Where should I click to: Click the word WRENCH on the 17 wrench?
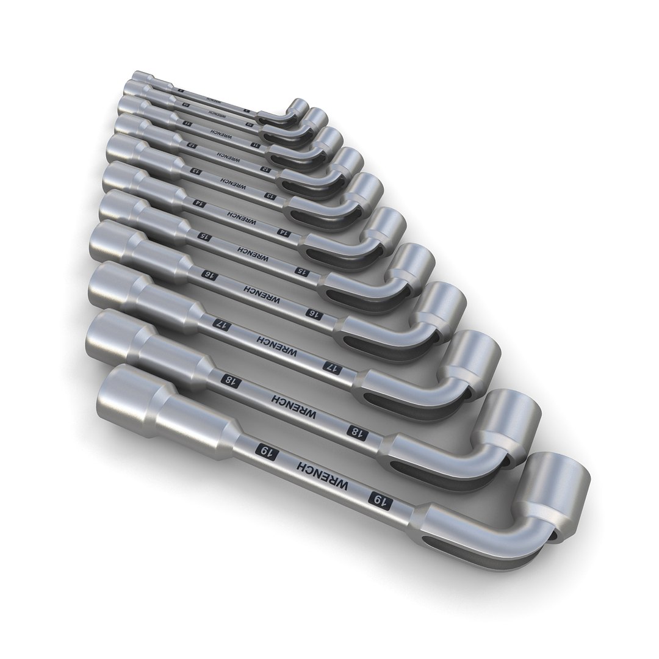(x=277, y=347)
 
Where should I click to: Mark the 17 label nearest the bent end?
(x=333, y=366)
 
